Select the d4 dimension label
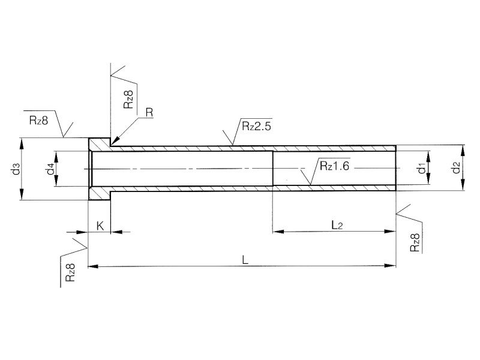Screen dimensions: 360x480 [x=51, y=169]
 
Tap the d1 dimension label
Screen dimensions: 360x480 [x=422, y=169]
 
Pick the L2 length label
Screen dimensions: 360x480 [x=338, y=224]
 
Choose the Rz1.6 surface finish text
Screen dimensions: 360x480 [x=334, y=166]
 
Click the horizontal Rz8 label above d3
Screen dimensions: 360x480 [x=38, y=119]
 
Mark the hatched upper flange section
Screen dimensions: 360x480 [x=100, y=144]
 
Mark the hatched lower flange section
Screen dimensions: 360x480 [x=100, y=193]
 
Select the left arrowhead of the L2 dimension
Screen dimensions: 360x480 [x=277, y=230]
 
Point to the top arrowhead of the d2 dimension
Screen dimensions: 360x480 [x=463, y=147]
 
